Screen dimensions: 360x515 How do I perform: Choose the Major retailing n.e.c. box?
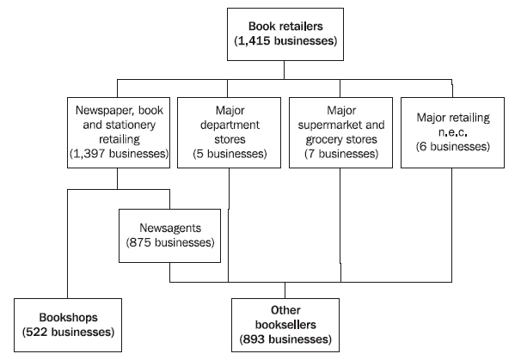tap(452, 131)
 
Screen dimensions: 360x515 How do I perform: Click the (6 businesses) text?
tap(452, 147)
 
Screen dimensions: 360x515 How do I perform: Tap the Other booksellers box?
tap(285, 324)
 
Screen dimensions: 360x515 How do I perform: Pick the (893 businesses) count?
tap(285, 339)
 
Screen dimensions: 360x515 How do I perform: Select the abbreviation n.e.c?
tap(452, 132)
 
